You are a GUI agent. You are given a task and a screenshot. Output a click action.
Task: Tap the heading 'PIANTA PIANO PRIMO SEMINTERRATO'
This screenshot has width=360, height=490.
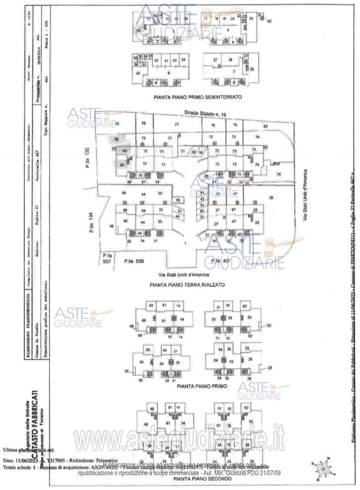point(197,97)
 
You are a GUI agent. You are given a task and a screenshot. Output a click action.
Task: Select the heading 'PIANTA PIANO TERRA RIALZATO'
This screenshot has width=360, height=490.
point(187,285)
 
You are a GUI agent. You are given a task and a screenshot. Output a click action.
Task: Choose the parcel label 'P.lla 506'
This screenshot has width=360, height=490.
point(134,261)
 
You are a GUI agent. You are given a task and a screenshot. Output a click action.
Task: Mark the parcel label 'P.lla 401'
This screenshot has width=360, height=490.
point(221,261)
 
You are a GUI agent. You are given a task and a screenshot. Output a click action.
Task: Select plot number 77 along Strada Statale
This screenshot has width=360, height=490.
point(176,124)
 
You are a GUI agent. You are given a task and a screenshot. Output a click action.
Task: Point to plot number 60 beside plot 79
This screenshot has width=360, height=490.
point(265,126)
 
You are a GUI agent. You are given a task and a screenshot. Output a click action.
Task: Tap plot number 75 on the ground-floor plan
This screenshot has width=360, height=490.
point(117,124)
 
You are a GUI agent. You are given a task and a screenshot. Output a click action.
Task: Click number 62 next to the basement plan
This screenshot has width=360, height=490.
point(270,22)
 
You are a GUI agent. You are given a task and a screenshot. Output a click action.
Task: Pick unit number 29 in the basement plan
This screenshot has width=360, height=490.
point(183,60)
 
